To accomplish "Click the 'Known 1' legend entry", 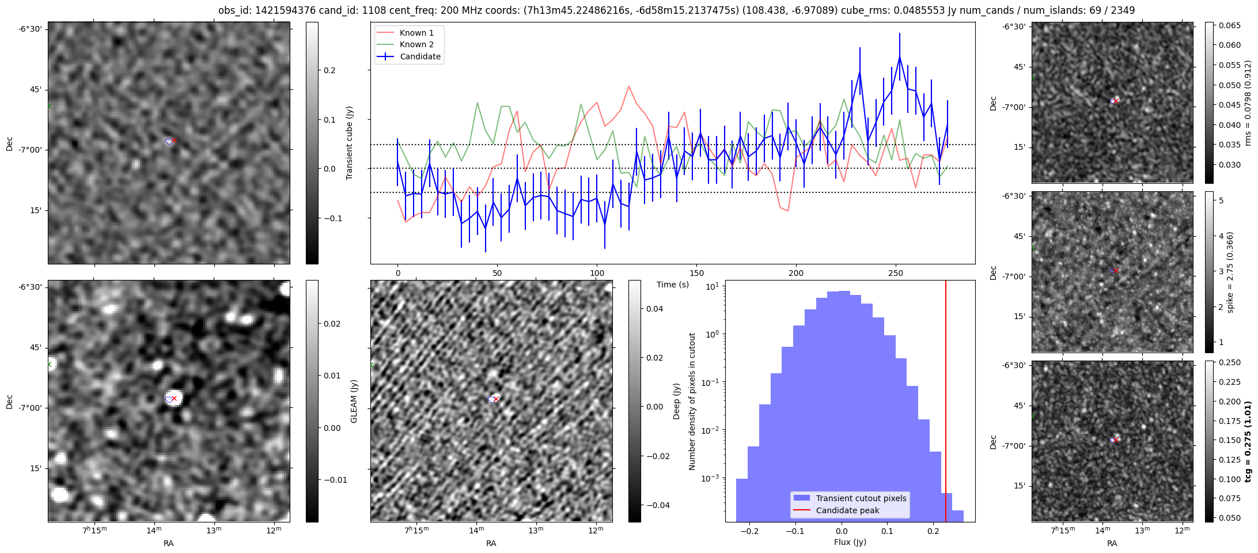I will [416, 33].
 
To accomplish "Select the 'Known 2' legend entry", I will [416, 44].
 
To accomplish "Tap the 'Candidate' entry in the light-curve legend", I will [420, 56].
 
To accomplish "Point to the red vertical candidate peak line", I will [946, 403].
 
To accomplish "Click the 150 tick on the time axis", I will [696, 272].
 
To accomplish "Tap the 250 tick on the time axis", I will [895, 272].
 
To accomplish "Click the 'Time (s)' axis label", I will [673, 285].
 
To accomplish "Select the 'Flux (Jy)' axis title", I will [850, 542].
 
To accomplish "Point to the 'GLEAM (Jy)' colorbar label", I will [354, 401].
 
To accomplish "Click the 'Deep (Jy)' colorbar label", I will [677, 401].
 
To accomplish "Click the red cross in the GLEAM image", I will [174, 398].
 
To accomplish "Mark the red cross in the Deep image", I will [496, 399].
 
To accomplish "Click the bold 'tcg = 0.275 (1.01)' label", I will [1248, 441].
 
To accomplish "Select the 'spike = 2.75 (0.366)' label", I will [1230, 272].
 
